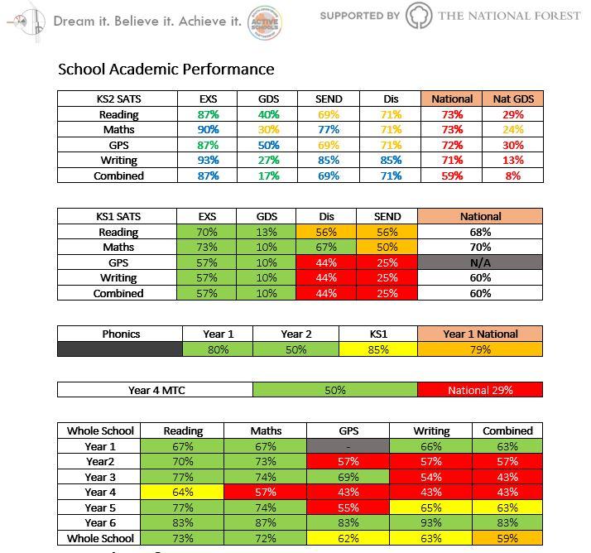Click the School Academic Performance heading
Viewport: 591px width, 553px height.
tap(166, 69)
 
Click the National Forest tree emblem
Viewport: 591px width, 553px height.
tap(419, 16)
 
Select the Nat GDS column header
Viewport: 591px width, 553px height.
tap(513, 99)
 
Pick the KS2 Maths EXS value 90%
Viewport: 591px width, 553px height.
tap(209, 130)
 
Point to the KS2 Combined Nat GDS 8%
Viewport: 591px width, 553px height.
tap(513, 176)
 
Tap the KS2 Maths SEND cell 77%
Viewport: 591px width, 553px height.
tap(329, 130)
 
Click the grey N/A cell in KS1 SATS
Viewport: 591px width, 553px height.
tap(480, 262)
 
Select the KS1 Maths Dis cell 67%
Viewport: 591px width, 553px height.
tap(325, 248)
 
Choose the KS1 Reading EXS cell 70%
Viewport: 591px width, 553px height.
tap(207, 233)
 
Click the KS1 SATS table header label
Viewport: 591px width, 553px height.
tap(118, 217)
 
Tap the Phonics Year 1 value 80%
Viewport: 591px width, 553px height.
tap(218, 349)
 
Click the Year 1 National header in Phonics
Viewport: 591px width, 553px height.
tap(480, 334)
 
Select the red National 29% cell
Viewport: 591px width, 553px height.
tap(480, 390)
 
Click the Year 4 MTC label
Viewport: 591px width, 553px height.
tap(155, 390)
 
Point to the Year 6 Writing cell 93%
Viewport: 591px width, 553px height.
tap(430, 522)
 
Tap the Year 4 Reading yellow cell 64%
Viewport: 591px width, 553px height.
tap(183, 492)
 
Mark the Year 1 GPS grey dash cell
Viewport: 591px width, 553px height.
tap(348, 446)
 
